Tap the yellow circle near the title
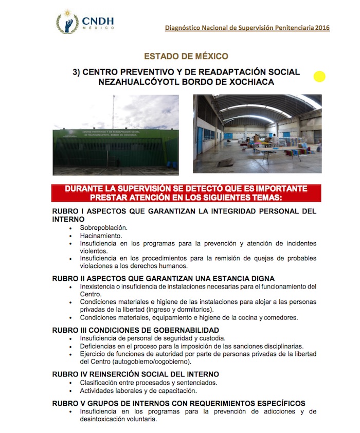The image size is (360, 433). pos(320,77)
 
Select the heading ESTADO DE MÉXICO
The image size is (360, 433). pos(186,56)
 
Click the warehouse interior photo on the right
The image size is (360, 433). pos(257,133)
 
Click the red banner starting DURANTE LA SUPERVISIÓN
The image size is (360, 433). pos(186,193)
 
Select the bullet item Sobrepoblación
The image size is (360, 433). pos(103,227)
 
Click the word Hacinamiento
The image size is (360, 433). pos(100,235)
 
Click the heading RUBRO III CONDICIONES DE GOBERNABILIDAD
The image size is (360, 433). pos(136,330)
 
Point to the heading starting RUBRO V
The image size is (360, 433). pos(179,403)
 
